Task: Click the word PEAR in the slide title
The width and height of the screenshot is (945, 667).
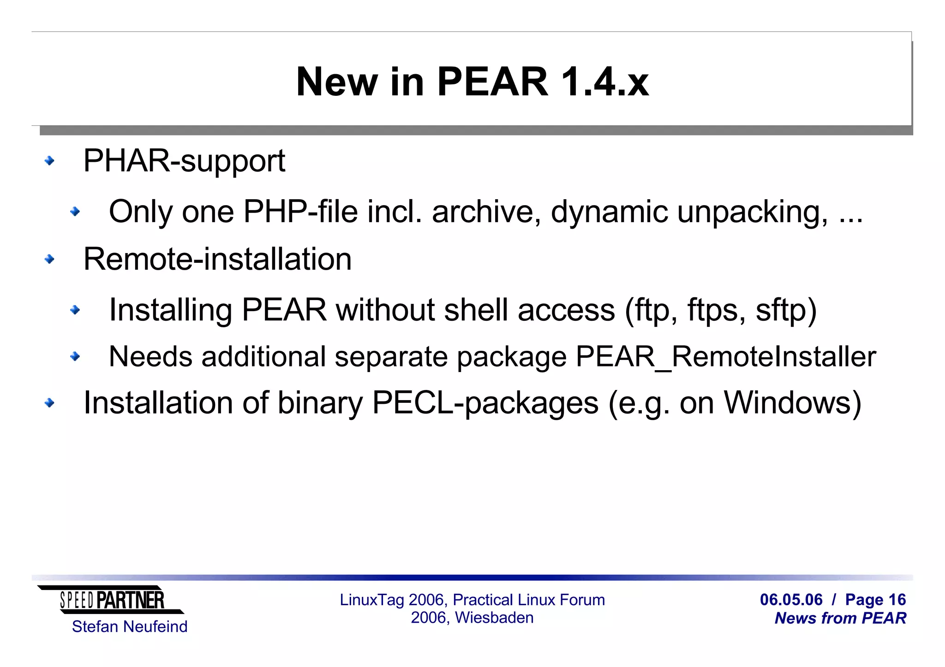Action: pos(492,82)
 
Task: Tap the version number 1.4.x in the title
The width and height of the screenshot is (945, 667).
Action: pos(604,82)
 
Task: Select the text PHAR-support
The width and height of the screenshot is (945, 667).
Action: pos(184,161)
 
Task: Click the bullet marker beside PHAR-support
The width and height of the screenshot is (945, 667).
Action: pos(49,161)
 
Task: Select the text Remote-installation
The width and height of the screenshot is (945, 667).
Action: pos(217,259)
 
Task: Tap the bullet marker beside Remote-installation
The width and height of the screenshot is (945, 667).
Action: pos(49,259)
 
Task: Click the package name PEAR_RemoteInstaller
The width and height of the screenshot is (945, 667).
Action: pos(725,357)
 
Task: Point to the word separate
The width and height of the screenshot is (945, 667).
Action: pos(391,357)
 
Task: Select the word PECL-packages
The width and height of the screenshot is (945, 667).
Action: pos(485,403)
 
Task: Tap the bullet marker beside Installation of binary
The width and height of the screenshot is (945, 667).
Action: pos(49,403)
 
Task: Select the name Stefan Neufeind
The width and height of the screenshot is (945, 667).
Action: pos(130,627)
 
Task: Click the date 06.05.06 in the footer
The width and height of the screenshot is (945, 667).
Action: pos(791,600)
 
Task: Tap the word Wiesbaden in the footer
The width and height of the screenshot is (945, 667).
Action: pos(494,618)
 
